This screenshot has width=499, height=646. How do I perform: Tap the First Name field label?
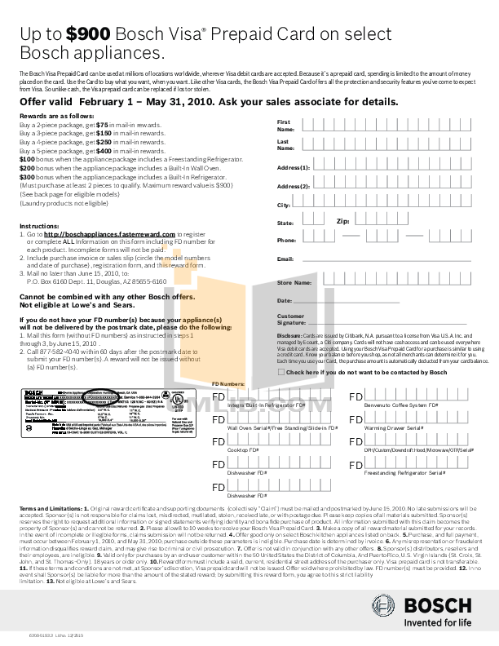[x=285, y=126]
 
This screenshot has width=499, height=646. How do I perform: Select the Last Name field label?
[x=285, y=144]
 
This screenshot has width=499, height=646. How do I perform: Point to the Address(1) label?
[x=294, y=167]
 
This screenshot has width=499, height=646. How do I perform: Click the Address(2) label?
[x=294, y=186]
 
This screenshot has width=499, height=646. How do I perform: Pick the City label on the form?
[x=284, y=205]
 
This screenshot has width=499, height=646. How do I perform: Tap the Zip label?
[x=343, y=221]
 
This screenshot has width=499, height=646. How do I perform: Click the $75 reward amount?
[x=104, y=126]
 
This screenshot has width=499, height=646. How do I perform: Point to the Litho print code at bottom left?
[x=41, y=634]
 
